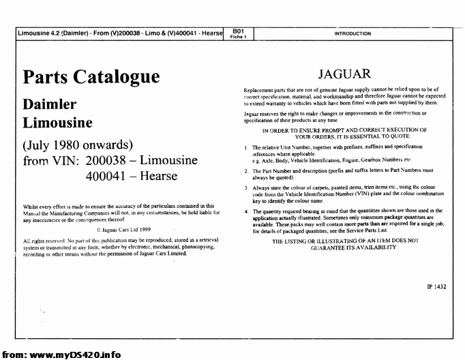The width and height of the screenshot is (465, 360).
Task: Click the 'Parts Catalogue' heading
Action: coord(91,76)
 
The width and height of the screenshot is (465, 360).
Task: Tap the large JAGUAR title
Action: coord(344,74)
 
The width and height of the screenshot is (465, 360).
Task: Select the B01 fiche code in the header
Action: coord(238,31)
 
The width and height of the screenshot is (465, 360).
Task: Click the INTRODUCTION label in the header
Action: coord(352,33)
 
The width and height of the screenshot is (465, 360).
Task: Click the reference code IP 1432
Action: coord(432,287)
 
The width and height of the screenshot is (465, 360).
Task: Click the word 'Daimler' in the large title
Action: coord(50,105)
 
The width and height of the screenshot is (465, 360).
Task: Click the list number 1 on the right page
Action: coord(246,147)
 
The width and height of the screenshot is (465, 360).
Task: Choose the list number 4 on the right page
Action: coord(246,211)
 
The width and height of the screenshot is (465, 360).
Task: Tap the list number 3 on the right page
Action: coord(246,186)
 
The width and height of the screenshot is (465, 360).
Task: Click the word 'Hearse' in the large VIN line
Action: coord(156,176)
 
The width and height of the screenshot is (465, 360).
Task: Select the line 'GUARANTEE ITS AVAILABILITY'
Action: coord(344,247)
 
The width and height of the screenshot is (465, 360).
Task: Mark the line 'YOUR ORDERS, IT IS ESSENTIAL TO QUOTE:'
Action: coord(344,136)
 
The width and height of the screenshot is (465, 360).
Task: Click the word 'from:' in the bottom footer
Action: coord(14,355)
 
